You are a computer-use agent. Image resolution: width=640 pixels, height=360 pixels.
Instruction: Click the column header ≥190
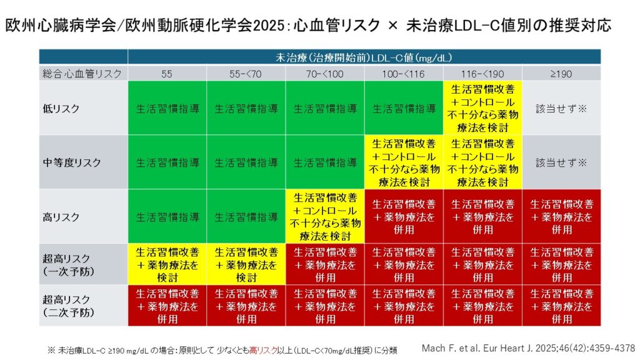pyautogui.click(x=561, y=74)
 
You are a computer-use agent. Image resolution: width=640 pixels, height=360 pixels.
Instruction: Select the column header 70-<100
pyautogui.click(x=325, y=74)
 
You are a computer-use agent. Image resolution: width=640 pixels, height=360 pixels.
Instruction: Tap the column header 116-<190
pyautogui.click(x=482, y=74)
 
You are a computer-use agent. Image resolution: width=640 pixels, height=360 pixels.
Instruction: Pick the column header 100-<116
pyautogui.click(x=404, y=74)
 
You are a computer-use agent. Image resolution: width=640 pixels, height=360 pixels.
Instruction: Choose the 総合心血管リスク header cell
pyautogui.click(x=83, y=74)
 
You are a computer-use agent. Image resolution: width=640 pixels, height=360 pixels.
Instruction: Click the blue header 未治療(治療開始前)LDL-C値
pyautogui.click(x=364, y=57)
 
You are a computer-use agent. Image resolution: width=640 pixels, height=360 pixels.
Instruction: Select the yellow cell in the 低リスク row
pyautogui.click(x=482, y=108)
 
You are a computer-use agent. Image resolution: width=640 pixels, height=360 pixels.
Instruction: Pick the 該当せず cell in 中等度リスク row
pyautogui.click(x=561, y=162)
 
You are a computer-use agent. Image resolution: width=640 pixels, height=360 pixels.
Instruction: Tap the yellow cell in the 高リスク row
pyautogui.click(x=325, y=217)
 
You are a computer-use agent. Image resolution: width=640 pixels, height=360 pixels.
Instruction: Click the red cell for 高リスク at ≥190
pyautogui.click(x=561, y=217)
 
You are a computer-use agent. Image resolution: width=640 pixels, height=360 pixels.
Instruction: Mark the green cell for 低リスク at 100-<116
pyautogui.click(x=404, y=108)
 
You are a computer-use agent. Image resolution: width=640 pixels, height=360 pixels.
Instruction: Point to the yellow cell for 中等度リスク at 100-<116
pyautogui.click(x=404, y=162)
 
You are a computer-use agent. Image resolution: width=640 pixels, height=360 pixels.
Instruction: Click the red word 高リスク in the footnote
pyautogui.click(x=262, y=351)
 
